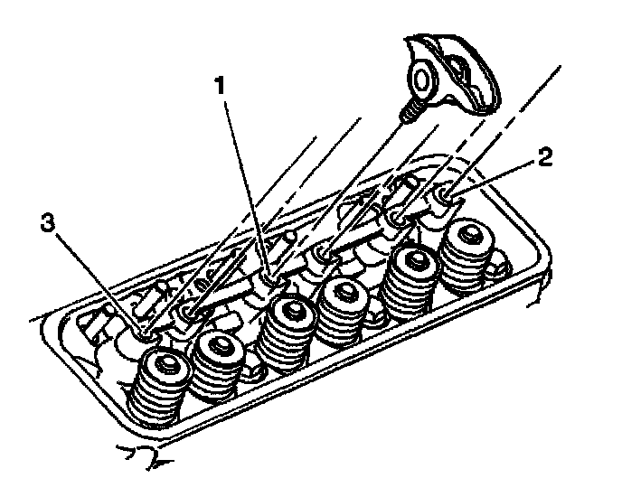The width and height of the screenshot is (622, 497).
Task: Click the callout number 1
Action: tap(218, 87)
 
